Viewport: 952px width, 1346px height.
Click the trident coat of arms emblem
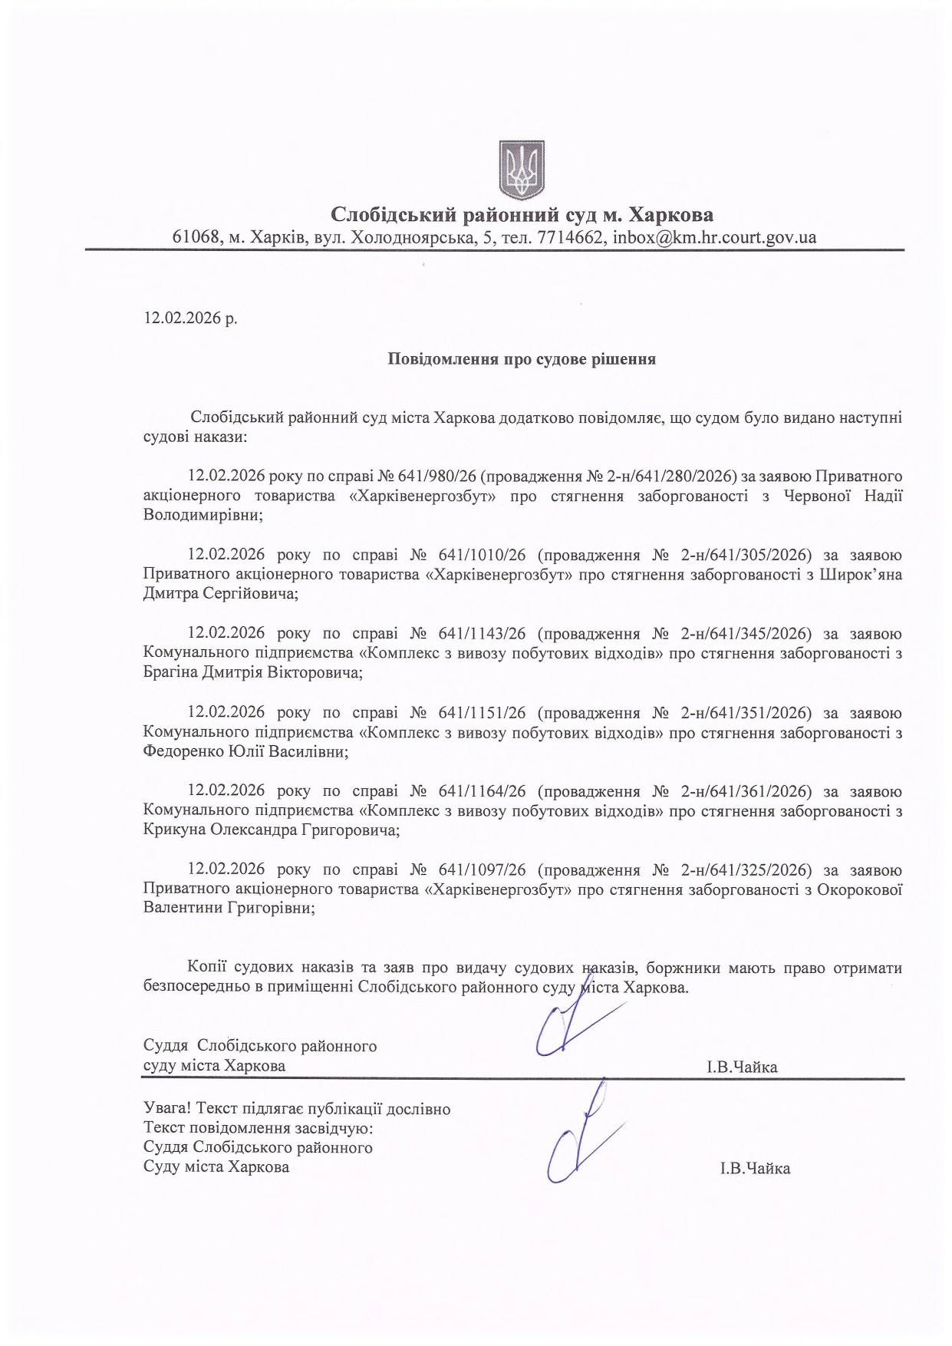[522, 170]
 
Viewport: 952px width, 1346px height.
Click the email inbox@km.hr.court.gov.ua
[712, 237]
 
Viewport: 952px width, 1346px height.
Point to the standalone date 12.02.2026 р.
[190, 318]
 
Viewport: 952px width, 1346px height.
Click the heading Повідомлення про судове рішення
[521, 359]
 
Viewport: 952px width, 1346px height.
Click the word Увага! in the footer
[166, 1109]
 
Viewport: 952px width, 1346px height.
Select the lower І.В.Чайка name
[755, 1169]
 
